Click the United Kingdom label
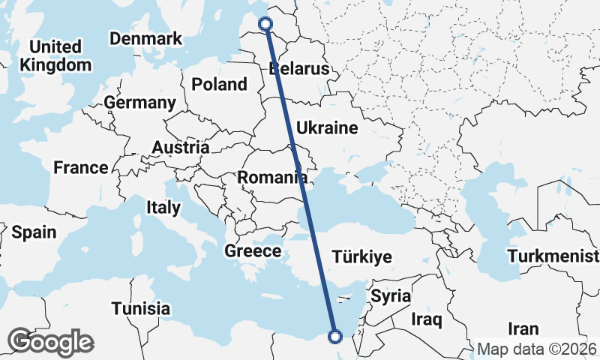(55, 56)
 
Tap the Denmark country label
(145, 38)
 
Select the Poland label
(219, 84)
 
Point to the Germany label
(139, 103)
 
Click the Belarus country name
(299, 69)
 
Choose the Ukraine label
(327, 128)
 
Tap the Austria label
(180, 148)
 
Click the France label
(81, 168)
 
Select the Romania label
(272, 178)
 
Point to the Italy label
(163, 207)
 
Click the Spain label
(34, 232)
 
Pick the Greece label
(253, 251)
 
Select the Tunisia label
(140, 308)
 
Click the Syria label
(391, 295)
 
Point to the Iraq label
(427, 319)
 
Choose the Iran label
(523, 328)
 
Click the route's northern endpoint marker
(265, 24)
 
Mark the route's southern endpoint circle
(334, 337)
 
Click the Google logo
(50, 342)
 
